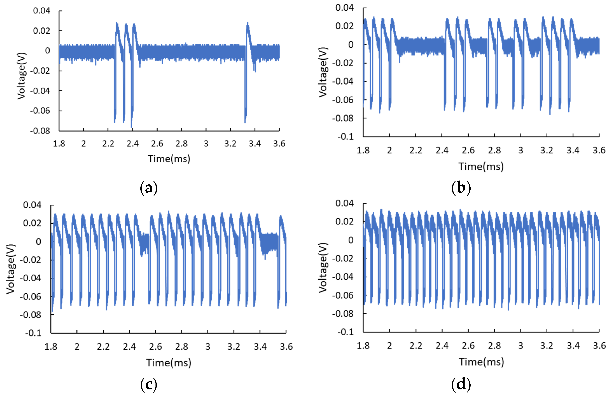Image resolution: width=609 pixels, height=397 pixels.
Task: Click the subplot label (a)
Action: (149, 188)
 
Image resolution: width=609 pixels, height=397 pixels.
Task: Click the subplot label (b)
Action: (461, 188)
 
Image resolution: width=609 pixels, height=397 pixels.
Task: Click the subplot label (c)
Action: (149, 384)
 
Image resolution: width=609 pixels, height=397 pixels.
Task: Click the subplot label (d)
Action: (461, 384)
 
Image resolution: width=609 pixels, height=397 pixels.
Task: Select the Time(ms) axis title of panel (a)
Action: (169, 159)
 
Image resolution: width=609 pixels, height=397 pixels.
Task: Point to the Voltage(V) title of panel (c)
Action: (11, 269)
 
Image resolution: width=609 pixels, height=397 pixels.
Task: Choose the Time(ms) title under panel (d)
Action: (481, 362)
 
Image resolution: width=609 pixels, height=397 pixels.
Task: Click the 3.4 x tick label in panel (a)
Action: (255, 144)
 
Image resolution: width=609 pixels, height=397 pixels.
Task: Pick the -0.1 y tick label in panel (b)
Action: (345, 137)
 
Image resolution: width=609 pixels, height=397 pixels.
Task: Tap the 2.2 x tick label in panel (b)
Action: (416, 150)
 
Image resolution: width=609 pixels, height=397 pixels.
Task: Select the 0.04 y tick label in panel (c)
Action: (32, 205)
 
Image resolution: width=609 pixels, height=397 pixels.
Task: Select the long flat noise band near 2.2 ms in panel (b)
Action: (421, 46)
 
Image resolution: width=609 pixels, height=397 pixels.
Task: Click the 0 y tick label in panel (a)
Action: (48, 51)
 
